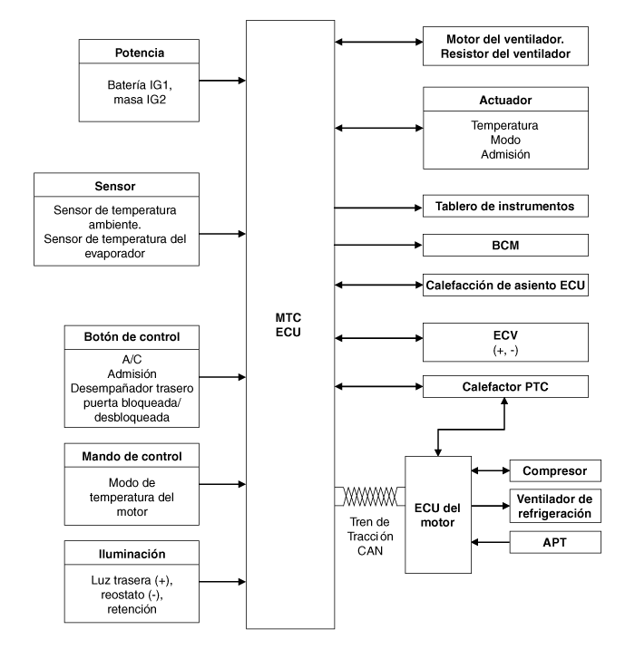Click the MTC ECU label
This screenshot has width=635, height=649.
coord(288,324)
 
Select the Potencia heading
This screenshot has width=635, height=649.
coord(140,53)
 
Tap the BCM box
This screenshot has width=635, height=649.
coord(505,245)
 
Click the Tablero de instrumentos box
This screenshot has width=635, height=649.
coord(505,206)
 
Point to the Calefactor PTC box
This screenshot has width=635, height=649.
coord(505,386)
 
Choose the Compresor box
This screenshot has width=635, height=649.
coord(555,470)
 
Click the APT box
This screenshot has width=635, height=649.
coord(555,542)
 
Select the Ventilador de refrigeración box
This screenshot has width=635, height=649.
coord(555,506)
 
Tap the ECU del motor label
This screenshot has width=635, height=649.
coord(437,516)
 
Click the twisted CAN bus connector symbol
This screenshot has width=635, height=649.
coord(369,497)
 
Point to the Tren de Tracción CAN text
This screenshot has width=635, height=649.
coord(370,537)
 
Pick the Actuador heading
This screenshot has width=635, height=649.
coord(505,101)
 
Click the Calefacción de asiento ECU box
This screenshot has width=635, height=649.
coord(505,285)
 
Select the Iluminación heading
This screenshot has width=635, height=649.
coord(132,554)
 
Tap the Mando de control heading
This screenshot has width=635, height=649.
coord(132,456)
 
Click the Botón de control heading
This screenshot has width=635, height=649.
coord(132,337)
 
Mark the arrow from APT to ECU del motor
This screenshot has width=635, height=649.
coord(491,542)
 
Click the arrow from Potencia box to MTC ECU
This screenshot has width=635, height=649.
coord(222,81)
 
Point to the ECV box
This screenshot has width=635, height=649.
coord(505,343)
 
